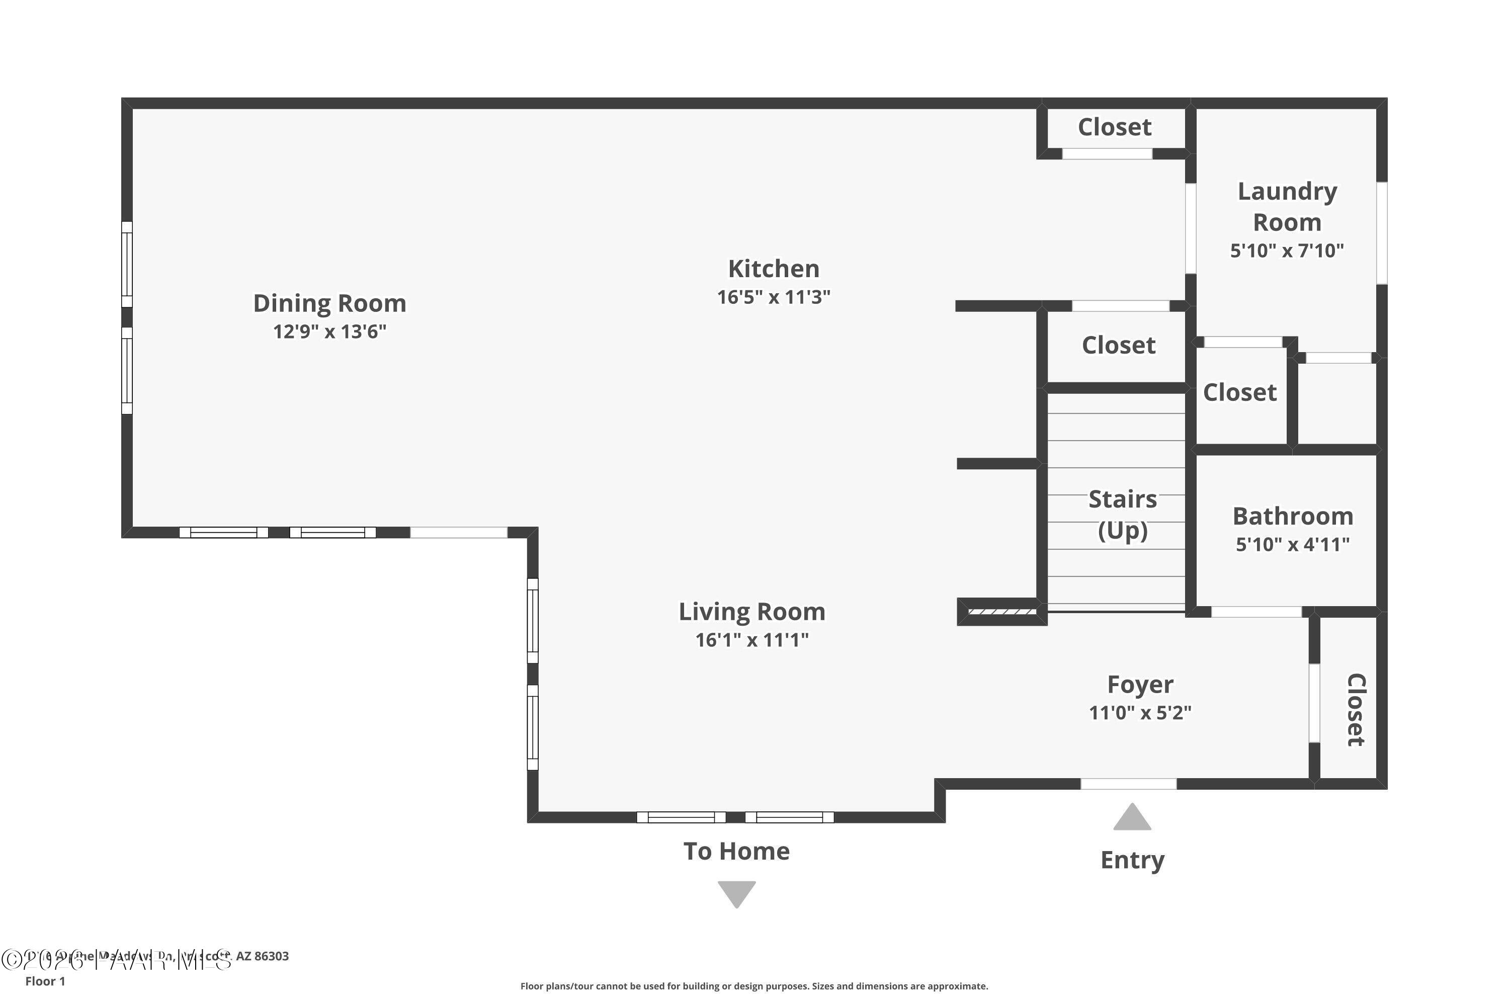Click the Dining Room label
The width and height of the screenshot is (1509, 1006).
tap(330, 303)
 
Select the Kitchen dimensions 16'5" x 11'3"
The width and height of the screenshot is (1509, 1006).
tap(773, 297)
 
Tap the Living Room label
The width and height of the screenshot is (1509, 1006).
tap(752, 612)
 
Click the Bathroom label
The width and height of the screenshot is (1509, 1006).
tap(1293, 516)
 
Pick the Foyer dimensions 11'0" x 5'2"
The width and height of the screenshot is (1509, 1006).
tap(1140, 713)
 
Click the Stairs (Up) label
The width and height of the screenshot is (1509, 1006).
tap(1122, 515)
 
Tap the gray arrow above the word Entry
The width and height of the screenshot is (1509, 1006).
tap(1132, 818)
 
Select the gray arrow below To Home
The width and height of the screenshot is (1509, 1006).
tap(736, 894)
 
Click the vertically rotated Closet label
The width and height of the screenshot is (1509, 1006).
tap(1356, 710)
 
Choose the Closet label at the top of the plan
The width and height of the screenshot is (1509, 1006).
tap(1115, 127)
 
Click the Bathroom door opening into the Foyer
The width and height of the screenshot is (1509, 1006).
tap(1255, 612)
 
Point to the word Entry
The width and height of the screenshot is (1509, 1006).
tap(1132, 860)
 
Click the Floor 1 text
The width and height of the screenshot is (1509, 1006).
tap(45, 981)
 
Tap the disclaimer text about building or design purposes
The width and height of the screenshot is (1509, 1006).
tap(754, 986)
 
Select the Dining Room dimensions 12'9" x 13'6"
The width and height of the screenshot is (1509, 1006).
tap(330, 331)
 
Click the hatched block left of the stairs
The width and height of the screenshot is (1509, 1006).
tap(1001, 612)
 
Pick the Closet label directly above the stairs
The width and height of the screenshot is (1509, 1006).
tap(1118, 345)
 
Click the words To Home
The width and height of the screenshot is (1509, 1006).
tap(736, 852)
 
